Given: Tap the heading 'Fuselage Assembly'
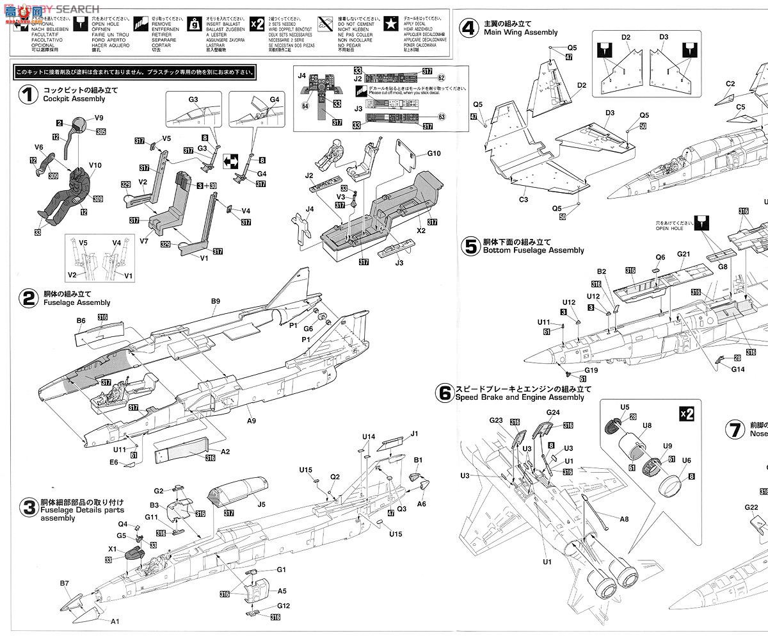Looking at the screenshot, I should pyautogui.click(x=76, y=302).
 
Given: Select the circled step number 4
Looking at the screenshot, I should pyautogui.click(x=470, y=28).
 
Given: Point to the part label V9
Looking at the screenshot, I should pyautogui.click(x=99, y=118).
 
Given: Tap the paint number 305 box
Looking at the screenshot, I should pyautogui.click(x=101, y=131).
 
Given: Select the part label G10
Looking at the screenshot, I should pyautogui.click(x=434, y=154).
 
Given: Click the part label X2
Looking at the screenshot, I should pyautogui.click(x=421, y=229).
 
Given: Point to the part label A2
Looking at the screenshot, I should pyautogui.click(x=225, y=451).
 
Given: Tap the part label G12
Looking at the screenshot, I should pyautogui.click(x=284, y=605).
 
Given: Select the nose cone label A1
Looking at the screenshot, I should pyautogui.click(x=115, y=621).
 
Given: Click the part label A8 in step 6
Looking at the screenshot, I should pyautogui.click(x=623, y=518).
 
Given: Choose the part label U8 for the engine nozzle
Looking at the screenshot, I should pyautogui.click(x=647, y=424).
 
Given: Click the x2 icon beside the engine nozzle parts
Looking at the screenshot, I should pyautogui.click(x=686, y=414).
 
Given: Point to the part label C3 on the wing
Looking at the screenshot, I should pyautogui.click(x=524, y=200).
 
